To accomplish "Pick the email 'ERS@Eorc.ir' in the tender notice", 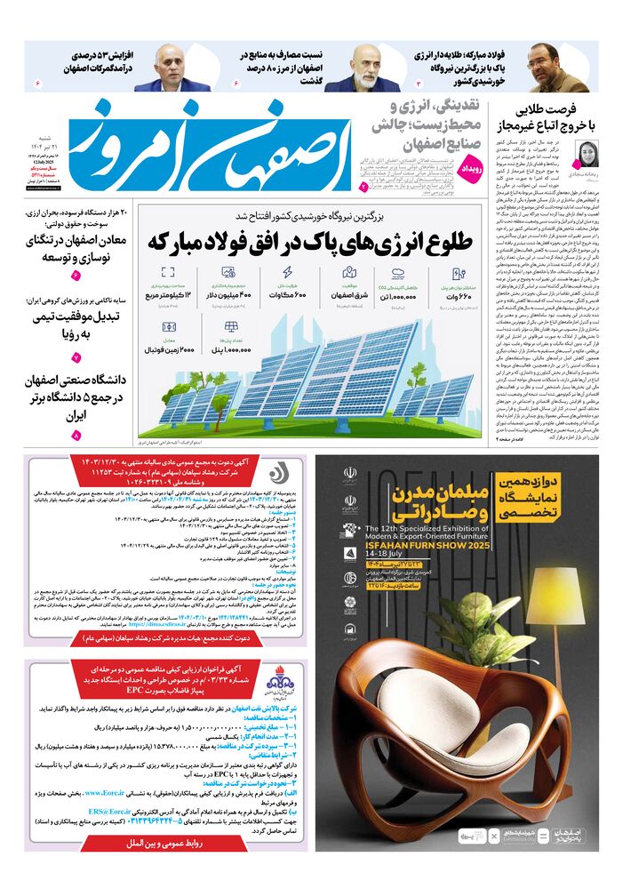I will pyautogui.click(x=110, y=812).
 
